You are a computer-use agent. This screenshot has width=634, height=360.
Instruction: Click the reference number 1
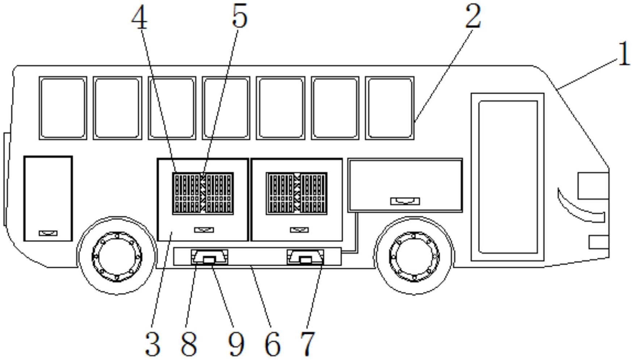tap(623, 54)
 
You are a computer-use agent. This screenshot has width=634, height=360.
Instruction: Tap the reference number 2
tap(473, 16)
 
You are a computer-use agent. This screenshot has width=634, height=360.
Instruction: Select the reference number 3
tap(152, 344)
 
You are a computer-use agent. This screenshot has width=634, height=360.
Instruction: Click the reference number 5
tap(239, 16)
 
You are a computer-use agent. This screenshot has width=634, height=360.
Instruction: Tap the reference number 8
tap(189, 344)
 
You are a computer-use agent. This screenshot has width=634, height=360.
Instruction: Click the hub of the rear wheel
tap(117, 256)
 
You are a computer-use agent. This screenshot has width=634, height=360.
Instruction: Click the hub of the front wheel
tap(414, 256)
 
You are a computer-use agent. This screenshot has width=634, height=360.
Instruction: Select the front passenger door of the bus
tap(508, 177)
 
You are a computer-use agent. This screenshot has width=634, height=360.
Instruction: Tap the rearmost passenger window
tap(63, 108)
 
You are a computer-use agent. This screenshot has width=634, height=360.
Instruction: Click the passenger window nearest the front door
tap(390, 108)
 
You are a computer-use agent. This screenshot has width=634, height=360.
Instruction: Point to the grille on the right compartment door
tap(297, 193)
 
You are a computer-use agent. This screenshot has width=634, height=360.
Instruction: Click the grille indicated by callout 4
tap(203, 193)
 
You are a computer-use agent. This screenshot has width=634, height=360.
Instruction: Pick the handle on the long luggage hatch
tap(405, 201)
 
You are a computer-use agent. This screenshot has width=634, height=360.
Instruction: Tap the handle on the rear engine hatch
tap(48, 233)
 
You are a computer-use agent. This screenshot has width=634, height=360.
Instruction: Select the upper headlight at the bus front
tap(593, 185)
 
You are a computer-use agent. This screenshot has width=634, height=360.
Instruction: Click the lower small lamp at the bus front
tap(599, 242)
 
